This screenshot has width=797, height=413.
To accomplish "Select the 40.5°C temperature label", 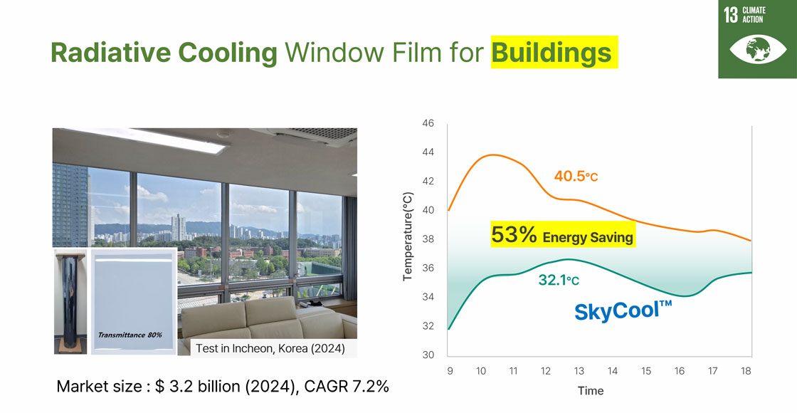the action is click(576, 177).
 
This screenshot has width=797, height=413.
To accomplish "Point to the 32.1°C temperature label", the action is click(559, 281).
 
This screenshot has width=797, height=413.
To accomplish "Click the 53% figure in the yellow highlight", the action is click(514, 235).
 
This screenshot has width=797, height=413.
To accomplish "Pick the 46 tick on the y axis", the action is click(428, 123).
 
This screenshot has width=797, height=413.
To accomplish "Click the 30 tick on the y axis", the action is click(428, 355).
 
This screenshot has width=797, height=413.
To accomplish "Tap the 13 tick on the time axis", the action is click(579, 371).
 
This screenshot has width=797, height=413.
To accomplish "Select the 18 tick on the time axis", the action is click(746, 371).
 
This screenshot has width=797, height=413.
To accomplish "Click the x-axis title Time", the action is click(591, 391).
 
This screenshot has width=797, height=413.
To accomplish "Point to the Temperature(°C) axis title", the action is click(408, 236).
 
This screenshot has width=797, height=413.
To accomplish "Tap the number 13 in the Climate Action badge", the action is click(730, 15).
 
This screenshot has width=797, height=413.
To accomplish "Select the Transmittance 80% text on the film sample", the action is click(130, 335).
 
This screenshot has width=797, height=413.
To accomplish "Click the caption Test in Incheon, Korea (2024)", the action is click(270, 349).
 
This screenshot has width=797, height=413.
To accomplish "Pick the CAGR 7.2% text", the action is click(347, 387).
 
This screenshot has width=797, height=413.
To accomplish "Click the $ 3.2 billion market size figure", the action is click(199, 387).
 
